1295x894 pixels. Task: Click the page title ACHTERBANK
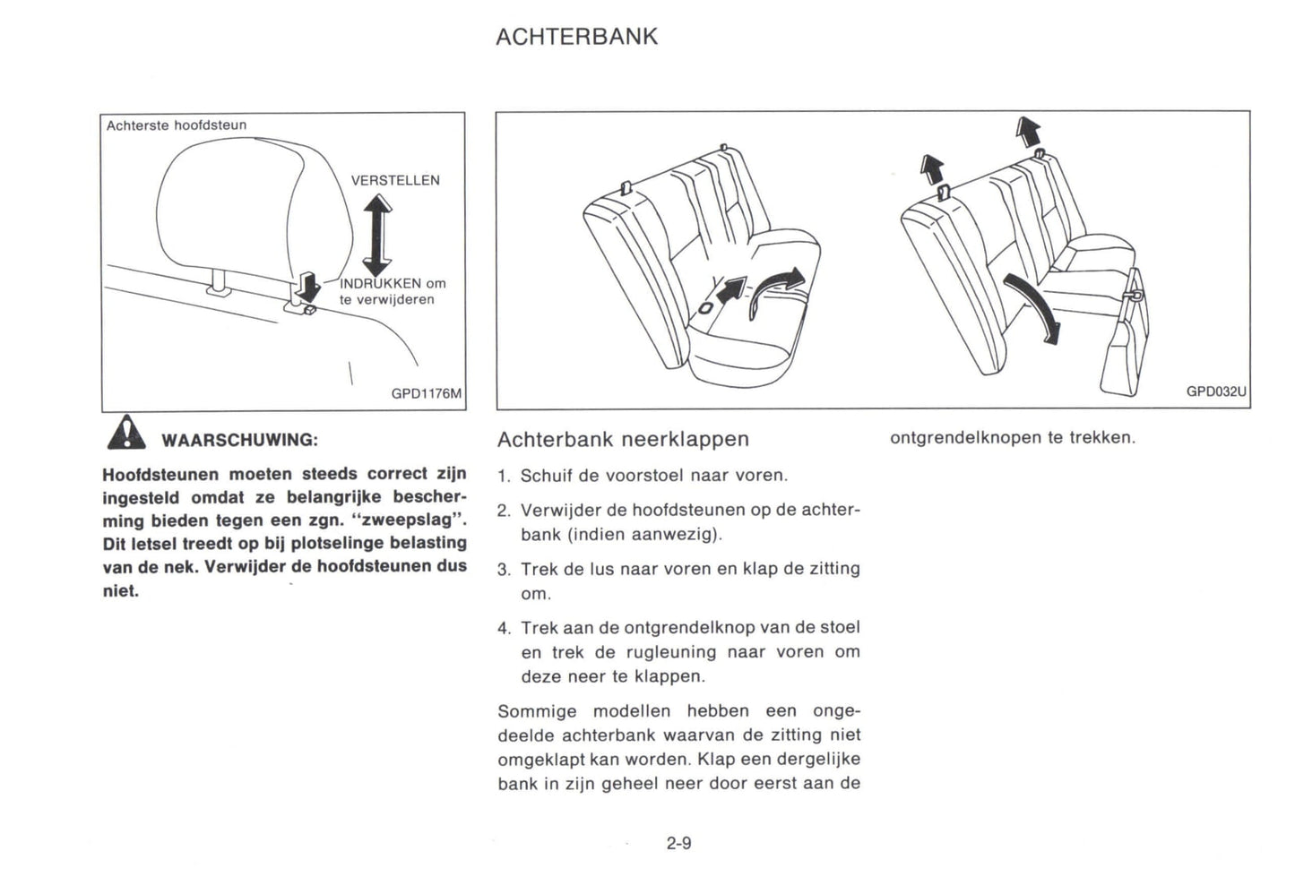[576, 37]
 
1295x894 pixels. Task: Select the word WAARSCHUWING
[238, 440]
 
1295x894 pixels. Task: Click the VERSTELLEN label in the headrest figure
[395, 180]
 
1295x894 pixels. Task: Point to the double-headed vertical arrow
[377, 236]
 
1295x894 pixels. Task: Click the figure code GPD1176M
[427, 393]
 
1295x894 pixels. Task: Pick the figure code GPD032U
[1216, 391]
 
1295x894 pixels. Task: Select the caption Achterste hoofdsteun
[176, 125]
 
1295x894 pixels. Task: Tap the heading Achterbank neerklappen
[623, 439]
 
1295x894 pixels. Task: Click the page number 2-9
[678, 843]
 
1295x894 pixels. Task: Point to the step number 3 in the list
[503, 570]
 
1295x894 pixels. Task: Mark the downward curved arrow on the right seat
[1032, 308]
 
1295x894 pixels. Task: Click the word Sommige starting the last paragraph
[537, 711]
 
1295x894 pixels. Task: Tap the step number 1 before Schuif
[503, 476]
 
